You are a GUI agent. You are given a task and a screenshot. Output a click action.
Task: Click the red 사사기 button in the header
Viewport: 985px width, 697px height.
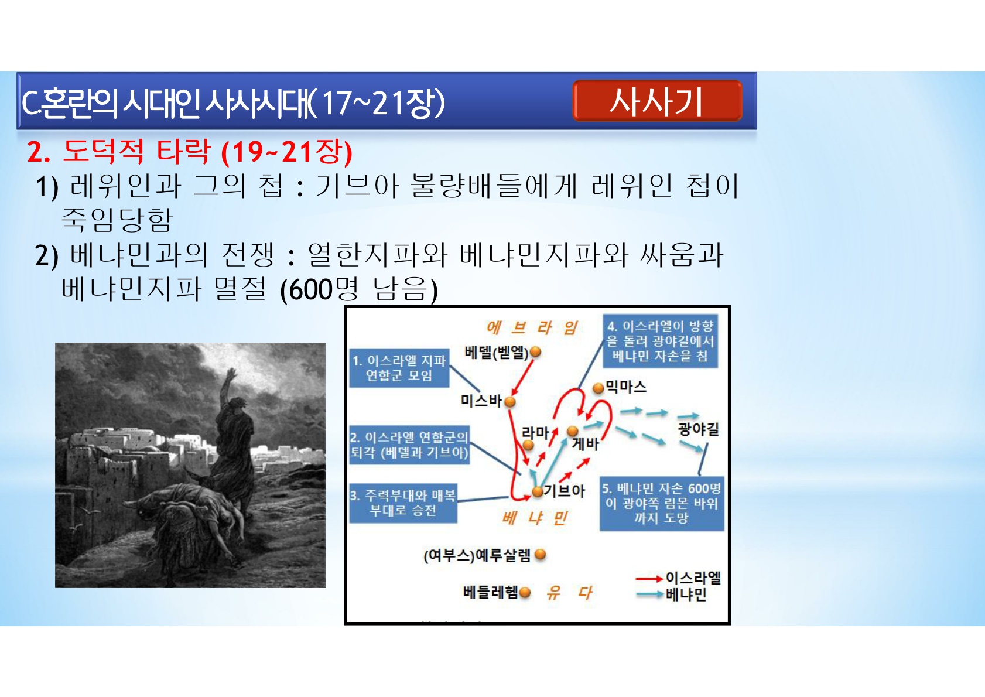pyautogui.click(x=658, y=101)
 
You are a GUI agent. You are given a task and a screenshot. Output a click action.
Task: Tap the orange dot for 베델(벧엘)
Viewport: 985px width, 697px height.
pyautogui.click(x=535, y=352)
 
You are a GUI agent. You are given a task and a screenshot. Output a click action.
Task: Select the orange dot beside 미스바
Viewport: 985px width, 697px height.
pyautogui.click(x=509, y=401)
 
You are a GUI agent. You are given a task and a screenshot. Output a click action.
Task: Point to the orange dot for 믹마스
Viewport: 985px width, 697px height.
pyautogui.click(x=598, y=388)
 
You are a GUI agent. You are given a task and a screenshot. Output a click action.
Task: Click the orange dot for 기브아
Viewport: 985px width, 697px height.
pyautogui.click(x=538, y=491)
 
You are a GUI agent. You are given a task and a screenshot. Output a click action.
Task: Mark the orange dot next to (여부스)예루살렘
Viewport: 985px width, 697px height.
pyautogui.click(x=541, y=555)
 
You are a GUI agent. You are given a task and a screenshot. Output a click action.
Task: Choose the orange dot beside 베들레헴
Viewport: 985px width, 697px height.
pyautogui.click(x=525, y=593)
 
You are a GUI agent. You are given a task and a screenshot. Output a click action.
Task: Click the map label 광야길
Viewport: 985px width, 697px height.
pyautogui.click(x=698, y=429)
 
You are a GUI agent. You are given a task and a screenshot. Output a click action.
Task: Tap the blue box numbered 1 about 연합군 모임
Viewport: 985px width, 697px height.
pyautogui.click(x=399, y=368)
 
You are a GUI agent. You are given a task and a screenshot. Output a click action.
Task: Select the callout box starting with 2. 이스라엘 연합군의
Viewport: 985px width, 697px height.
pyautogui.click(x=409, y=445)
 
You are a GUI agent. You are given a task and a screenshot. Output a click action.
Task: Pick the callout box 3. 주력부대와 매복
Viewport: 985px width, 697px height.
pyautogui.click(x=403, y=504)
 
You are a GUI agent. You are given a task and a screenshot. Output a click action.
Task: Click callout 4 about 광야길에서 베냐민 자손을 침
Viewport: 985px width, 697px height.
pyautogui.click(x=660, y=341)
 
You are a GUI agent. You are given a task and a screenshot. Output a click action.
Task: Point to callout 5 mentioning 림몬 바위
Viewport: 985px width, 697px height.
pyautogui.click(x=662, y=504)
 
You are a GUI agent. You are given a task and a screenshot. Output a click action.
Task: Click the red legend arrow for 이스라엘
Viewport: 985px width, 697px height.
pyautogui.click(x=649, y=579)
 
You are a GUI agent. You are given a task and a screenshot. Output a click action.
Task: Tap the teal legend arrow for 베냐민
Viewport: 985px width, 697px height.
pyautogui.click(x=649, y=595)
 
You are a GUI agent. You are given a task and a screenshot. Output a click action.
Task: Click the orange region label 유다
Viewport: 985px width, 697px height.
pyautogui.click(x=569, y=593)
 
